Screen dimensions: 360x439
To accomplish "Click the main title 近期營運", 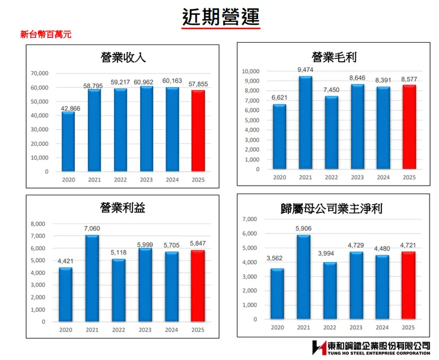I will pos(220,17).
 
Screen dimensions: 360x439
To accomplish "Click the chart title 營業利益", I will pos(123,208).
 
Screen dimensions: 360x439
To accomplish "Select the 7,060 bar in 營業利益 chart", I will pos(91,278).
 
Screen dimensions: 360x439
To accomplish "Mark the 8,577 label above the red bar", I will pos(409,79).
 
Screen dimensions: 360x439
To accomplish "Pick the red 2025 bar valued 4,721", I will pos(408,285).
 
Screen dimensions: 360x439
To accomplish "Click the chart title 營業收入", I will pos(123,58).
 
